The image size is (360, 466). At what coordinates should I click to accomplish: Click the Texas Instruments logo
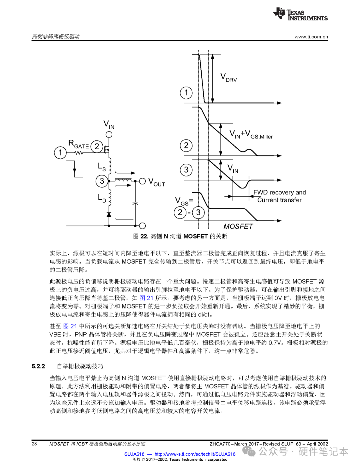(x=300, y=14)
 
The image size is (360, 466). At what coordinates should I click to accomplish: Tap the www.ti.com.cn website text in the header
(x=311, y=37)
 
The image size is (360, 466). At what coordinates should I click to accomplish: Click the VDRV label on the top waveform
(x=229, y=78)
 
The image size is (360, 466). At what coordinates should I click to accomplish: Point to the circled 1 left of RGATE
(x=60, y=153)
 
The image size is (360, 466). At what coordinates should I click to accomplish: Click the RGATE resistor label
(x=78, y=144)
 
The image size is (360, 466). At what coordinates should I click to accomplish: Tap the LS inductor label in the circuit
(x=102, y=167)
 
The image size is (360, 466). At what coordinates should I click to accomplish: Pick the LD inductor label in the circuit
(x=102, y=198)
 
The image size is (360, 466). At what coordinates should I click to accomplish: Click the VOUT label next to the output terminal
(x=157, y=182)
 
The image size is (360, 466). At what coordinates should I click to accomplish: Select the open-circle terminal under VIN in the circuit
(x=109, y=134)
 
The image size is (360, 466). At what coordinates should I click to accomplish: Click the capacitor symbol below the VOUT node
(x=135, y=203)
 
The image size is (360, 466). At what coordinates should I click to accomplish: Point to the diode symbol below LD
(x=109, y=214)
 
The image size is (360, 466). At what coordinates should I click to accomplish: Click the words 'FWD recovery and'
(x=279, y=192)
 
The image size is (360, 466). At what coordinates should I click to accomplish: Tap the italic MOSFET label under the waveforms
(x=238, y=226)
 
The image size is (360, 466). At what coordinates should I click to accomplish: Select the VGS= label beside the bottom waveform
(x=184, y=201)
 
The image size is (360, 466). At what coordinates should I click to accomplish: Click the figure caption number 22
(x=144, y=237)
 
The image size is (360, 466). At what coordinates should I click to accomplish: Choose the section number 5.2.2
(x=38, y=366)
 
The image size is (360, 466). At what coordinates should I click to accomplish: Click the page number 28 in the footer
(x=34, y=444)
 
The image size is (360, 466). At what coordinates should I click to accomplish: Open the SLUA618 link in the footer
(x=134, y=454)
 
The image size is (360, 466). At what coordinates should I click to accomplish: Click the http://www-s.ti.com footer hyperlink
(x=195, y=454)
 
